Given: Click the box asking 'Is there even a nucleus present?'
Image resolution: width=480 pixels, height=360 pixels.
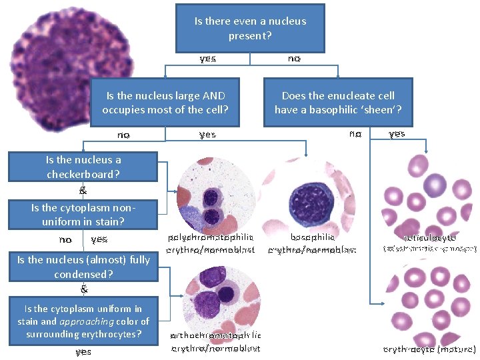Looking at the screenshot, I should tap(250, 28).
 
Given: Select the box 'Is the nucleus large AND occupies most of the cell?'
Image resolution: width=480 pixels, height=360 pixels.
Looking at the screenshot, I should tap(165, 102).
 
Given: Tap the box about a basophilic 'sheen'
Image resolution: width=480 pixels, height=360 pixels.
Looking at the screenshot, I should tap(338, 102).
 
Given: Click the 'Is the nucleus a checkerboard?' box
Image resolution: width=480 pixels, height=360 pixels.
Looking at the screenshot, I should tap(83, 167).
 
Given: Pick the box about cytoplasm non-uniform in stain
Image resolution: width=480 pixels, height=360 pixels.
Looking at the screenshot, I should tap(83, 214).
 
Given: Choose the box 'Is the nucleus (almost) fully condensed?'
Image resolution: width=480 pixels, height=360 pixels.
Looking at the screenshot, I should tap(83, 267).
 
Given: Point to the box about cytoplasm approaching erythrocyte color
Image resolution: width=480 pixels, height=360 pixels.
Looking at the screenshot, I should tap(83, 321).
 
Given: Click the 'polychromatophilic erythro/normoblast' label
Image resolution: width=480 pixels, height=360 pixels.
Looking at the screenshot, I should tap(211, 243).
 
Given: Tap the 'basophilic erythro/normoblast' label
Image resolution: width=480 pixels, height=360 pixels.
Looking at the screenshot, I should tap(312, 243).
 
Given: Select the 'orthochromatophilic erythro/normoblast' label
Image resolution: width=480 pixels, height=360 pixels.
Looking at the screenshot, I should tap(215, 341).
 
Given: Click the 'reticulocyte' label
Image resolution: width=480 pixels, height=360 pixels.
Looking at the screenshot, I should tap(430, 237).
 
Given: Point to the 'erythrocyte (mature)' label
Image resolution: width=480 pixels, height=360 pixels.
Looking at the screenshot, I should tap(430, 349).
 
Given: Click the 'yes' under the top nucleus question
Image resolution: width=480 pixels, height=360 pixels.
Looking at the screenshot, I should tap(207, 59).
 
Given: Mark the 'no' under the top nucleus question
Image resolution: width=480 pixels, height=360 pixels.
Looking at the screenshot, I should tap(293, 59).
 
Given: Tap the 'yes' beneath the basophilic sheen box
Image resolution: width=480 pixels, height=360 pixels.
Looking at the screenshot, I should tap(397, 134).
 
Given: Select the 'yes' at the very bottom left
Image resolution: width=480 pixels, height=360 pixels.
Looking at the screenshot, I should tap(83, 351).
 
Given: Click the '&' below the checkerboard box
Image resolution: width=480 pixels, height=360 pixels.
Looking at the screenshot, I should tap(83, 191).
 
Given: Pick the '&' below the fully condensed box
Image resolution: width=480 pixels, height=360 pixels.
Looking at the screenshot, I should tap(83, 289).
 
